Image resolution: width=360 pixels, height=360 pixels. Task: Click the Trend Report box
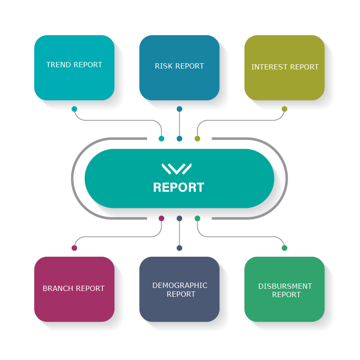point(74,68)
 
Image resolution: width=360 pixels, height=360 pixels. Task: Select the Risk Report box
point(179,68)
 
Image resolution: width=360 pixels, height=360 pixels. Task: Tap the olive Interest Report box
point(284,68)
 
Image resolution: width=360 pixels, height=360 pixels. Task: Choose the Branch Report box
point(74,289)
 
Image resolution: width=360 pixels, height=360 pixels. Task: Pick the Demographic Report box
point(179,289)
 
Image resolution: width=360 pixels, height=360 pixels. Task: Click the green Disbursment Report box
point(284,289)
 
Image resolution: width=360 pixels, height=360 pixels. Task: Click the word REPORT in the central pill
point(179,188)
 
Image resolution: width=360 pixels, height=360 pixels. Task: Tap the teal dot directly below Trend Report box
point(74,109)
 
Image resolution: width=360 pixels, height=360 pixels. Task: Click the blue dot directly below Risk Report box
point(179,109)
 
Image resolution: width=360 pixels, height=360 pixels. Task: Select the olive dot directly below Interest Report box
point(284,109)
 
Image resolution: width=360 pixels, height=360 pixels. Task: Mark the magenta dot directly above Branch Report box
point(74,248)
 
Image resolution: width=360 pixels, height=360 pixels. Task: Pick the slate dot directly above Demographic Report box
point(179,248)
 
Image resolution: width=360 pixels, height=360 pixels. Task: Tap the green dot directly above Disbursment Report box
point(284,248)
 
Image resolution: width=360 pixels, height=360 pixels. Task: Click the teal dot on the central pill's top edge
point(162,139)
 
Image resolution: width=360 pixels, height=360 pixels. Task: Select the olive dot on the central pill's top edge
point(197,139)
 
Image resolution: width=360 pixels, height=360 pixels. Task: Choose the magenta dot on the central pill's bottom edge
point(162,218)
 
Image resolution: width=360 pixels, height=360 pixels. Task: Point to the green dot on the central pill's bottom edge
point(197,218)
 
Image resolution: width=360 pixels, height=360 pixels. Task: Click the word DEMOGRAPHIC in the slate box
point(180,286)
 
